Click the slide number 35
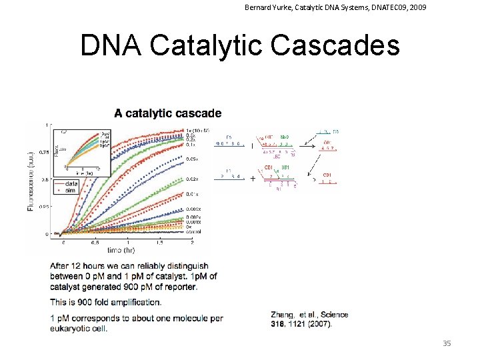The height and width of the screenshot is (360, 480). (447, 343)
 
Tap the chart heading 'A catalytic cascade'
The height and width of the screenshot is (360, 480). (168, 113)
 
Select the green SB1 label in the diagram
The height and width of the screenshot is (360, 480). (285, 167)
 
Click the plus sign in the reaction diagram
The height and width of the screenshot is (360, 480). (252, 178)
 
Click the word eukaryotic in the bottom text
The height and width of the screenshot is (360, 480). (72, 327)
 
